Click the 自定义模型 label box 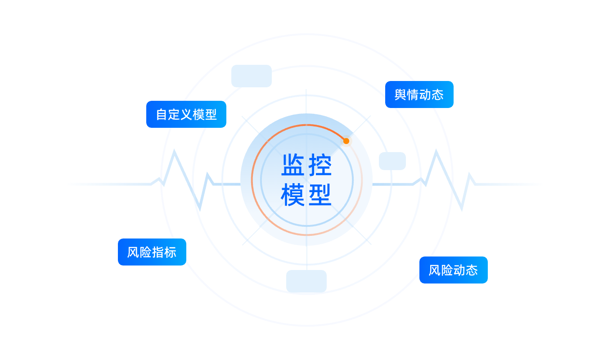(x=186, y=114)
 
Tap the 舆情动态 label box (x=419, y=94)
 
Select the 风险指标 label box (x=152, y=252)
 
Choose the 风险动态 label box (x=453, y=270)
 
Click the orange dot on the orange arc (x=346, y=141)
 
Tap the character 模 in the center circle (x=293, y=195)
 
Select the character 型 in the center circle (x=320, y=195)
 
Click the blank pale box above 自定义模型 (x=252, y=76)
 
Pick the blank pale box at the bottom (x=306, y=281)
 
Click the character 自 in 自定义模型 (x=162, y=114)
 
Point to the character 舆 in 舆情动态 (x=400, y=94)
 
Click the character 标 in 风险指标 (x=170, y=252)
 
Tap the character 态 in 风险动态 (x=472, y=270)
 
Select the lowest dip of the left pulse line (x=199, y=208)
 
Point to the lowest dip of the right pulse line (x=462, y=209)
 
